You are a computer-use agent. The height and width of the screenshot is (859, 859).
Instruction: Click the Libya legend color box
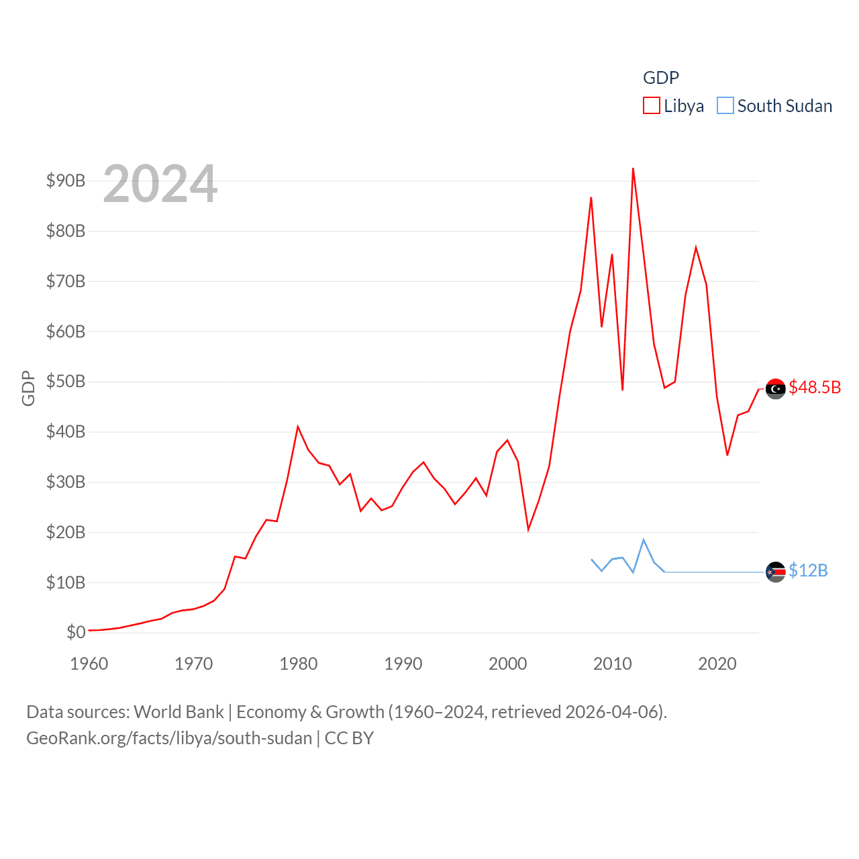651,106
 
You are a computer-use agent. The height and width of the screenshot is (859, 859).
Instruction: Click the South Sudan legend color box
725,106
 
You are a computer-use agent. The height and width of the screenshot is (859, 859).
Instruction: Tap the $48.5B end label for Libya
815,387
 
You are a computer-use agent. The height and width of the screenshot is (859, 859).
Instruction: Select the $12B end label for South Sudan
808,570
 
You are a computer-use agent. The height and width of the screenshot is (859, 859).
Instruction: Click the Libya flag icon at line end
775,389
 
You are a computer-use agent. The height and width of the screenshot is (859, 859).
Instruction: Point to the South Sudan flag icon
775,572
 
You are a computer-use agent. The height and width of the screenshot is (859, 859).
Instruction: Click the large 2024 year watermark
160,184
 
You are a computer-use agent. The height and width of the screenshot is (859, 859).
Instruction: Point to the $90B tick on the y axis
66,181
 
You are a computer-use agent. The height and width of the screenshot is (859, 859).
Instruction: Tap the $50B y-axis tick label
66,381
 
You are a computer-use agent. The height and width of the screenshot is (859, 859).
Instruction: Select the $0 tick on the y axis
76,632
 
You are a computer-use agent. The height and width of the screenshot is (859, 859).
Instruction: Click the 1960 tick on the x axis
89,664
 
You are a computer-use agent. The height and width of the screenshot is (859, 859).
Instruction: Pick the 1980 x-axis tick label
299,664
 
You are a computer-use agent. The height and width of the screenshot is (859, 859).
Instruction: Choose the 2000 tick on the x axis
508,664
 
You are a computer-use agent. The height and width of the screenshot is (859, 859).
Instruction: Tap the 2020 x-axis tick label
717,664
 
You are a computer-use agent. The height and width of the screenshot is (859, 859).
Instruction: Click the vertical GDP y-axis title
28,388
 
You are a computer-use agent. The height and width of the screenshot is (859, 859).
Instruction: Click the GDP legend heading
661,78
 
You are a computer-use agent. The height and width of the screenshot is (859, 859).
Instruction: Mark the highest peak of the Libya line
633,169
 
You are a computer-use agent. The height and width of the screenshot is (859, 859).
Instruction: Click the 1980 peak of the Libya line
298,427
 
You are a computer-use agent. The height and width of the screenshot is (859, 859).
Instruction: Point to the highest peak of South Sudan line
644,540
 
